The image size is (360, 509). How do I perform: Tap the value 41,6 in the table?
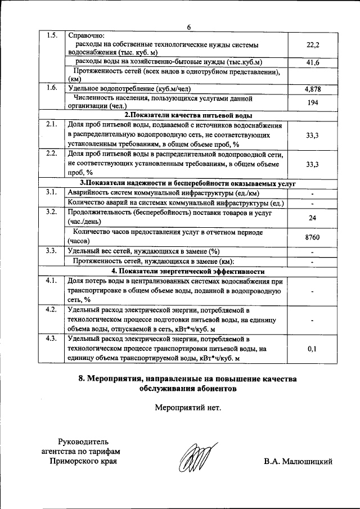pos(313,62)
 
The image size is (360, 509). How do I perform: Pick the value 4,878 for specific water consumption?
pos(313,89)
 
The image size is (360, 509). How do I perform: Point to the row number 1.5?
pos(52,36)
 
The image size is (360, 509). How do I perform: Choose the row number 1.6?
pos(52,88)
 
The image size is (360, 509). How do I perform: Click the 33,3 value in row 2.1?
pos(313,136)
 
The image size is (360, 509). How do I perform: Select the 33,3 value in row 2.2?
pos(313,164)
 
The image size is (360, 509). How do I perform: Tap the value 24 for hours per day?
pos(313,218)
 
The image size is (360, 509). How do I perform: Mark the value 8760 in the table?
pos(313,237)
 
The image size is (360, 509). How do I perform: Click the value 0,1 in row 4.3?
pos(313,349)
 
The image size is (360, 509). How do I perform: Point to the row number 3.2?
pos(52,213)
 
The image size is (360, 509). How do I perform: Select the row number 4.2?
pos(52,310)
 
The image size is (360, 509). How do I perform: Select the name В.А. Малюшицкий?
pos(298,462)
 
